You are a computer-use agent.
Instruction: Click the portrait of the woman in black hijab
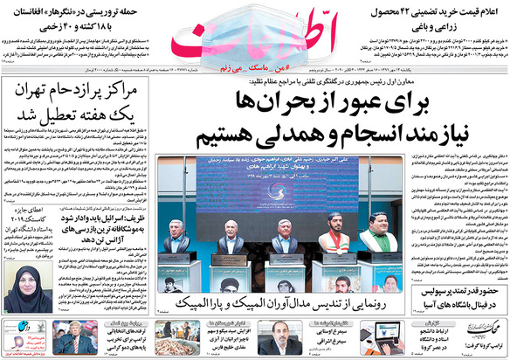click(x=32, y=289)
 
